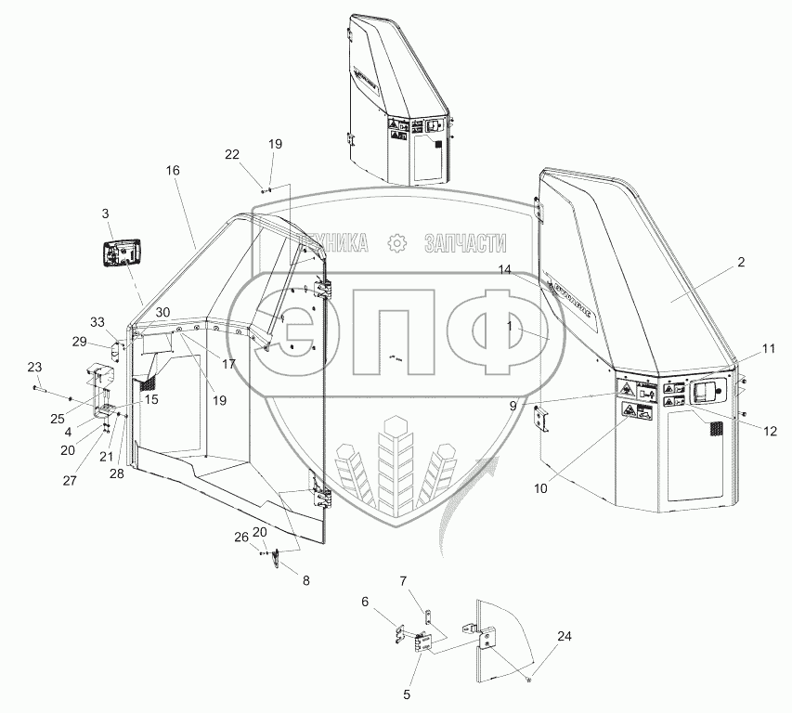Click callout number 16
click(173, 171)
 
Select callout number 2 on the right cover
click(740, 263)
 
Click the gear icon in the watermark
click(396, 243)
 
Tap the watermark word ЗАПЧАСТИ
click(464, 243)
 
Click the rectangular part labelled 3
click(122, 253)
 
